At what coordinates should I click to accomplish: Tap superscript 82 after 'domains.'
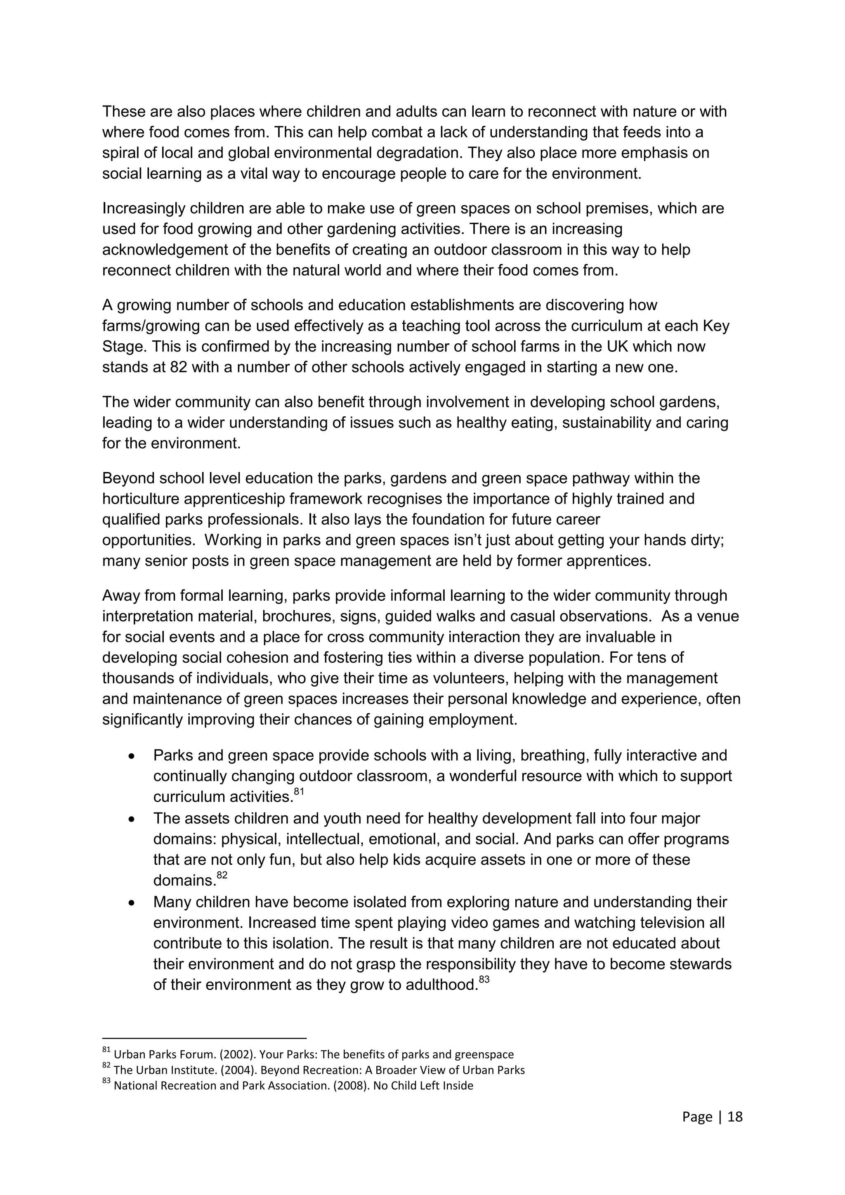coord(222,876)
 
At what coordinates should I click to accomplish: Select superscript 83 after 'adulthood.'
coord(484,980)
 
